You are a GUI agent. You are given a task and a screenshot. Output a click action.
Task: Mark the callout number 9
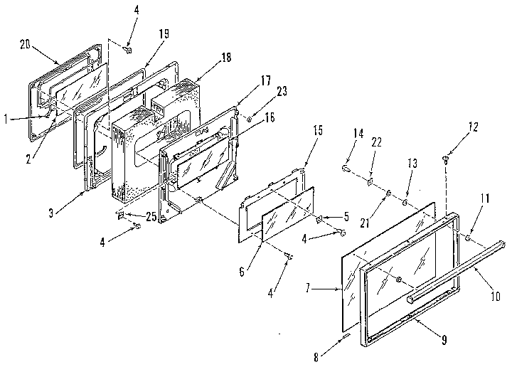443,340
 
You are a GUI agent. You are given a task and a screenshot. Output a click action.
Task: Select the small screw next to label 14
345,169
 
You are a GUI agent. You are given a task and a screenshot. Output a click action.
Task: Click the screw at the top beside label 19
129,50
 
